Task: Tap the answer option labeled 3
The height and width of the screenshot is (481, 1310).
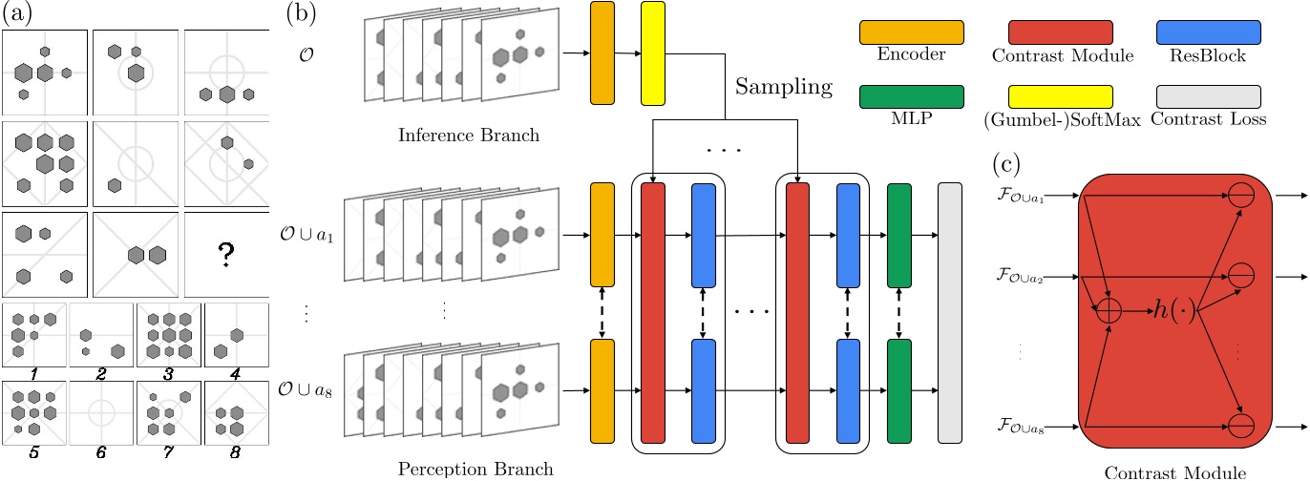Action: (168, 334)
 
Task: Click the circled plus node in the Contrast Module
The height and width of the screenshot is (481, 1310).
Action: (1109, 311)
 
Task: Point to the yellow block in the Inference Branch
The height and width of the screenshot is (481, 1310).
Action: (653, 52)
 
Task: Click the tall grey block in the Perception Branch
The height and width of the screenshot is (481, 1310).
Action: (950, 312)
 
